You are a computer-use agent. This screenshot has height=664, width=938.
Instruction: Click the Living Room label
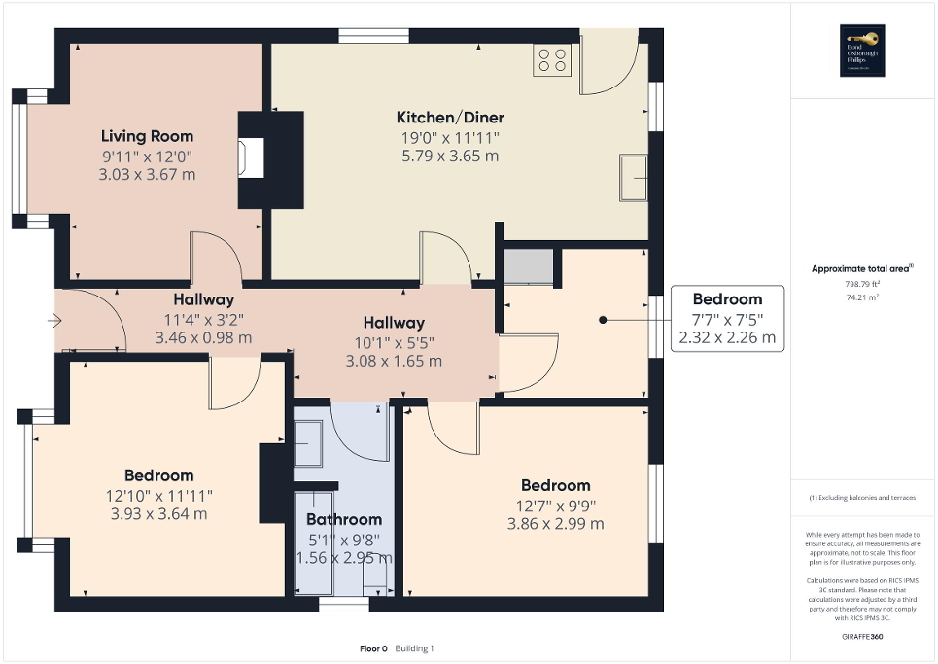pos(148,136)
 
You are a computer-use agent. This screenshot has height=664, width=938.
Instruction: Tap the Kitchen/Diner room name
pos(450,118)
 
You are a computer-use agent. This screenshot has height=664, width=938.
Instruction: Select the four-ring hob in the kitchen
pos(552,61)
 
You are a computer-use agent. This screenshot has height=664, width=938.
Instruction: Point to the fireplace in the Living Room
pos(251,158)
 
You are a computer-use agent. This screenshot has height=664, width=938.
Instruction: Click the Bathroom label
pos(344,519)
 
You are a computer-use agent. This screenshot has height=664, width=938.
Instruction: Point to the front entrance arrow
pos(55,320)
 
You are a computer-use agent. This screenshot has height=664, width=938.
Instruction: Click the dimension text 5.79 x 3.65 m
pos(450,156)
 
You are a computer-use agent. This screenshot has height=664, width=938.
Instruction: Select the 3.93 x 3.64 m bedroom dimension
pos(158,513)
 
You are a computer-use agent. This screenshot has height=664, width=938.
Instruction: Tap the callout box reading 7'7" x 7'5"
pos(727,319)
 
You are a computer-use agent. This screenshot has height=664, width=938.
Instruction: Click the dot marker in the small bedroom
pos(603,319)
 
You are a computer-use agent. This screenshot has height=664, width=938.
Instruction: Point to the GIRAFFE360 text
pos(863,637)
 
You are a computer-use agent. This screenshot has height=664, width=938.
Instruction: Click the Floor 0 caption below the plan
pos(373,648)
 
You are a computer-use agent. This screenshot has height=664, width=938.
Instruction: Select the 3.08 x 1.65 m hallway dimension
pos(394,361)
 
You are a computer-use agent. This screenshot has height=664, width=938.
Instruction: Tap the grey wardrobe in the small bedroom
pos(529,264)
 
